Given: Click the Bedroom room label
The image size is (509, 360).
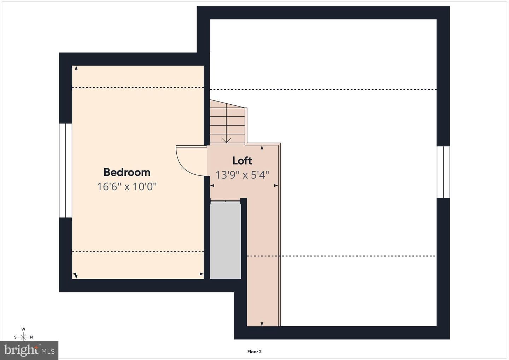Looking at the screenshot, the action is (x=127, y=173).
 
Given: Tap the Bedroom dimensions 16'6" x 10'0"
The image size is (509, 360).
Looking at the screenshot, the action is (x=127, y=187).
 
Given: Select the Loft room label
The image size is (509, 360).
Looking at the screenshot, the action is (x=242, y=161).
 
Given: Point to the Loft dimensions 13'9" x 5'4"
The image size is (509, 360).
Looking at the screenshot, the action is (x=242, y=175).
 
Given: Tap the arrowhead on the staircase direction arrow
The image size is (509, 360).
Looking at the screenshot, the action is (x=226, y=141).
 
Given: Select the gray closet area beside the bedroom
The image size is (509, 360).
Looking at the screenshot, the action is (x=225, y=240).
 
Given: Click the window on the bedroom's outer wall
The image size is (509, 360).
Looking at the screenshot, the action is (x=66, y=170).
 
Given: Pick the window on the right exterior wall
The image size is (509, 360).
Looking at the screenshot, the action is (x=443, y=172).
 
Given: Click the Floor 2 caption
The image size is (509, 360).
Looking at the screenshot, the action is (x=255, y=352).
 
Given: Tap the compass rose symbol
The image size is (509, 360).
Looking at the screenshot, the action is (x=23, y=337).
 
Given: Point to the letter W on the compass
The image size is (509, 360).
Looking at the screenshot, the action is (x=23, y=329).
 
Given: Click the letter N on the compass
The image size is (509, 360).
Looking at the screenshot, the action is (x=31, y=337).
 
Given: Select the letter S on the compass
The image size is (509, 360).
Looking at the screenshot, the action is (x=15, y=337).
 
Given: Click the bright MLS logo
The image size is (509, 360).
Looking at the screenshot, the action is (x=29, y=350).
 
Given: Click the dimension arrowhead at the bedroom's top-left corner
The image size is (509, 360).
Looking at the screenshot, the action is (x=76, y=68).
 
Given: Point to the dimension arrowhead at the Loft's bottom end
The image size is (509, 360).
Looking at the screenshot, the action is (x=262, y=324).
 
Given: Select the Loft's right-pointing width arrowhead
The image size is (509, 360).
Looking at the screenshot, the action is (x=276, y=185).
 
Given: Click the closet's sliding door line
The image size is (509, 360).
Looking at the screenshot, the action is (x=226, y=201).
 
